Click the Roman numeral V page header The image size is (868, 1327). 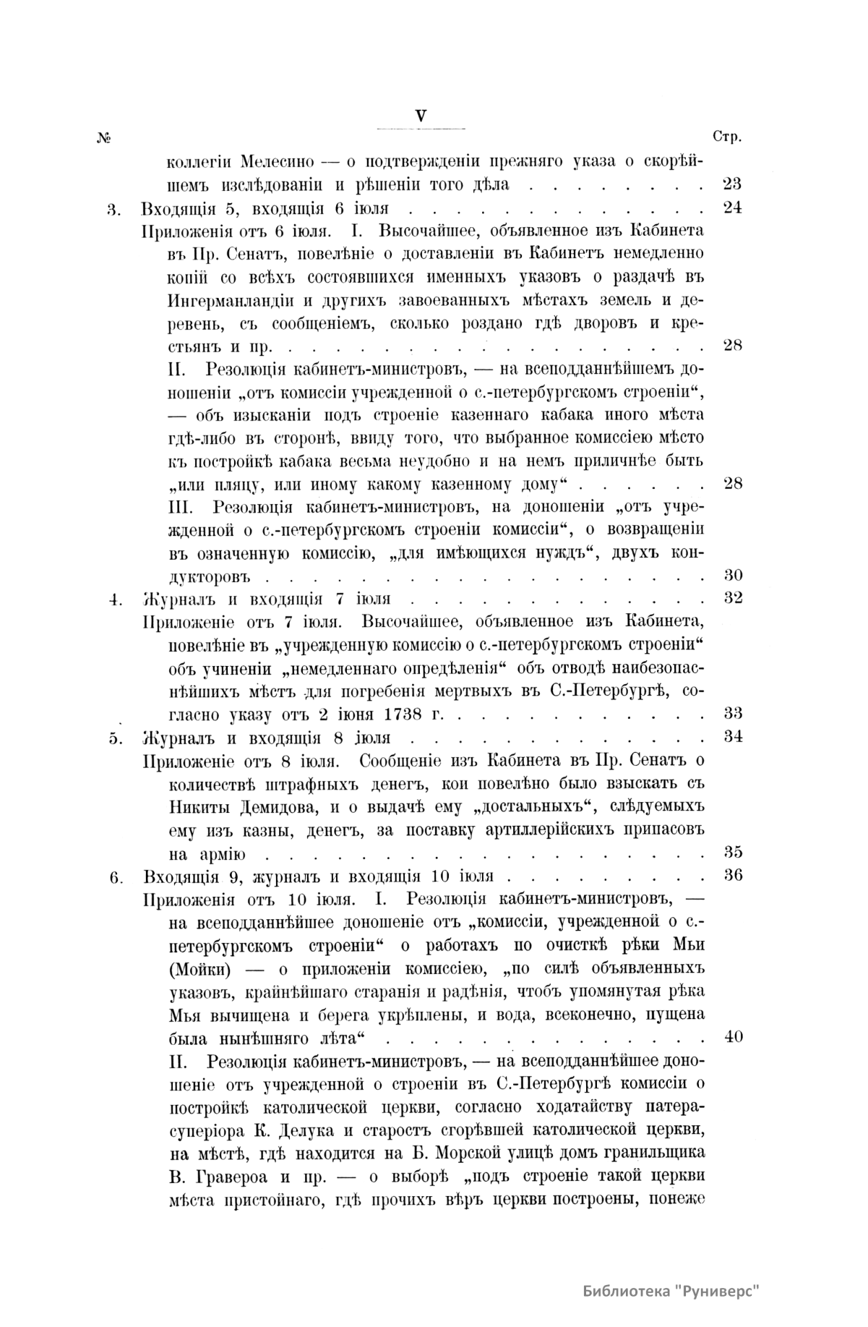[x=421, y=115]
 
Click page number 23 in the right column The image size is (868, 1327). [x=732, y=184]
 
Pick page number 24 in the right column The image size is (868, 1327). [x=732, y=208]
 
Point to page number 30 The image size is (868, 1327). [x=732, y=576]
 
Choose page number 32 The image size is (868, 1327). [x=732, y=599]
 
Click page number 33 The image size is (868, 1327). [x=732, y=713]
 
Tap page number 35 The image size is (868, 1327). [x=732, y=852]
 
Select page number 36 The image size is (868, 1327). [x=732, y=875]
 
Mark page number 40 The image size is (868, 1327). [x=732, y=1036]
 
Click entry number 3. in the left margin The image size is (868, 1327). [x=113, y=209]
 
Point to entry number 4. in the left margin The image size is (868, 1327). [x=113, y=600]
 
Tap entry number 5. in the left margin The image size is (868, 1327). [x=113, y=738]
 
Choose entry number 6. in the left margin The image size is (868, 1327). [x=113, y=877]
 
